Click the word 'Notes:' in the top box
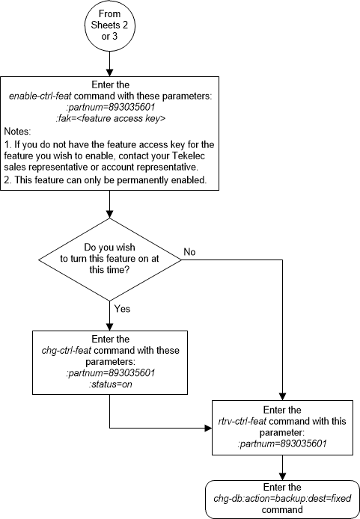[x=17, y=131]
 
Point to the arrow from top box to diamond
[x=110, y=205]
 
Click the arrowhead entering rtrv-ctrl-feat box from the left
[x=207, y=428]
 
